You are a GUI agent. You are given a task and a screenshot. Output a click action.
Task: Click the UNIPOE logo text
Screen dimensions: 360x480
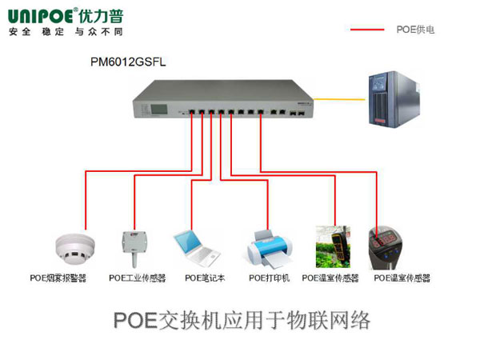click(x=39, y=15)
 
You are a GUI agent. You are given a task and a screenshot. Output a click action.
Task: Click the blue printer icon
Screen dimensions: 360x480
click(x=268, y=247)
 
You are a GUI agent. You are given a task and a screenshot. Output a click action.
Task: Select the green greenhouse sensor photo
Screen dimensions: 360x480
click(x=333, y=246)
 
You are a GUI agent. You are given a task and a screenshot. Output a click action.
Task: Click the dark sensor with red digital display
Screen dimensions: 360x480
click(x=386, y=246)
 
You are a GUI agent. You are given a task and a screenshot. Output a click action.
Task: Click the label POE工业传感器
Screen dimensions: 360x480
click(x=137, y=278)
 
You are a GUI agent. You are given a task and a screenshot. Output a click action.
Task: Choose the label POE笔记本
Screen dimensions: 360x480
click(x=205, y=278)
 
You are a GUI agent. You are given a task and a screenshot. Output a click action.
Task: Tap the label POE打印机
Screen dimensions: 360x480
click(x=269, y=278)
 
